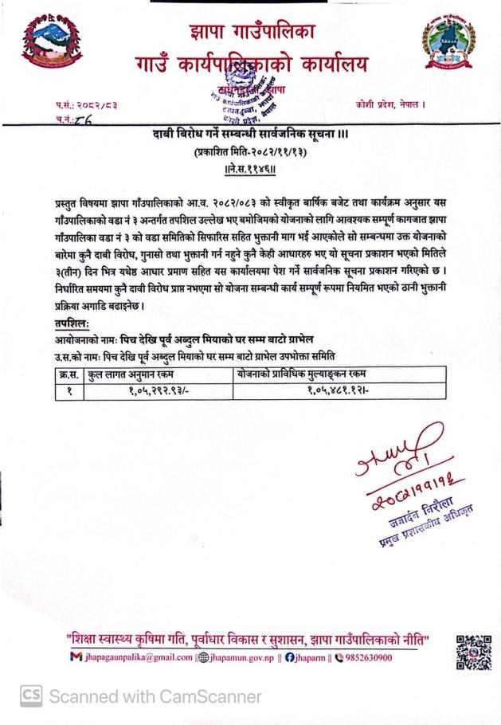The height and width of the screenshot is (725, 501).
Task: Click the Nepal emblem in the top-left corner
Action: (53, 45)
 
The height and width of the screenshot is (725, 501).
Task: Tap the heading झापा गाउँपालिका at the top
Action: (252, 32)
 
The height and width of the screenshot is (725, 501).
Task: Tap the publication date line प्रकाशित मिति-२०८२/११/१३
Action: (251, 151)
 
